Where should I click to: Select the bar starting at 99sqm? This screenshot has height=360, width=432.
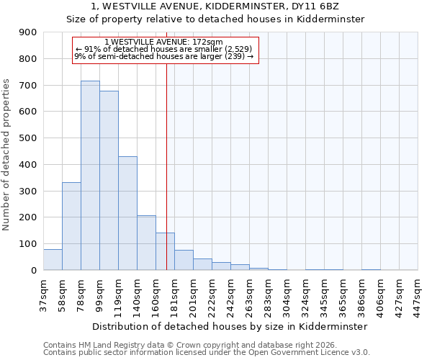[109, 180]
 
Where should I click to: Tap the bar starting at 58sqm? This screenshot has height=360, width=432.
[71, 226]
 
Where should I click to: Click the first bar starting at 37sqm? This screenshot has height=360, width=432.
[53, 259]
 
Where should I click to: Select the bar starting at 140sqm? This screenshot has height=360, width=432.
[146, 243]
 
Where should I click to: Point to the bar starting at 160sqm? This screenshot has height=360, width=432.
[165, 251]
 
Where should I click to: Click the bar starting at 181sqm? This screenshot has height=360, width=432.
[184, 260]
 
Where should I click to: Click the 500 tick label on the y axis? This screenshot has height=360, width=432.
[28, 138]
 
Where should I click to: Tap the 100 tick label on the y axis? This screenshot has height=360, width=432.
[28, 244]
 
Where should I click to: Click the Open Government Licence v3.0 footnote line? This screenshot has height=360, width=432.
[207, 353]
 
